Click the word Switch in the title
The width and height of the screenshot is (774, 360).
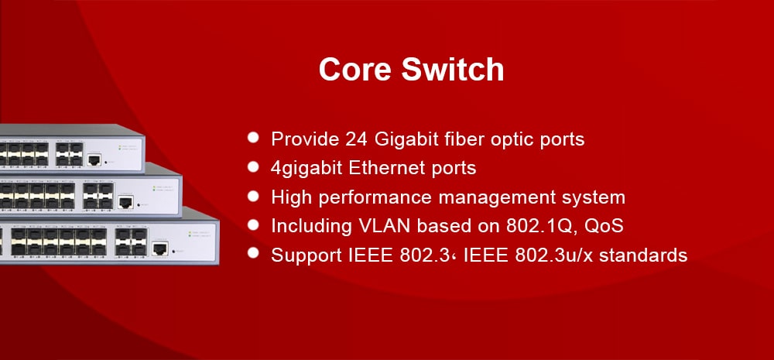[453, 69]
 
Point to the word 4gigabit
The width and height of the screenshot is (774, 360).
[307, 169]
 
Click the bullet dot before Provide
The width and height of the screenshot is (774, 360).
[253, 137]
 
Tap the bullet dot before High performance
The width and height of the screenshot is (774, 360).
[253, 196]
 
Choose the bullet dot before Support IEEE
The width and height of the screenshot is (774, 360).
[253, 253]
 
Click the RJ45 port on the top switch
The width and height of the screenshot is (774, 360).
[94, 159]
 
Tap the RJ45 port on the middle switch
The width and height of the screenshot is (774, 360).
[125, 201]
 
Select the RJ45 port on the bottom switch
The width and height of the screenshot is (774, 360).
[159, 249]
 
